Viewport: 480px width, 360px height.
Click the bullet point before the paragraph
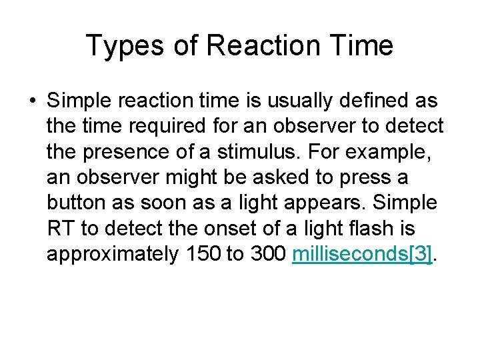pyautogui.click(x=32, y=101)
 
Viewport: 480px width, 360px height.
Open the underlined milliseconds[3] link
pyautogui.click(x=363, y=253)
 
